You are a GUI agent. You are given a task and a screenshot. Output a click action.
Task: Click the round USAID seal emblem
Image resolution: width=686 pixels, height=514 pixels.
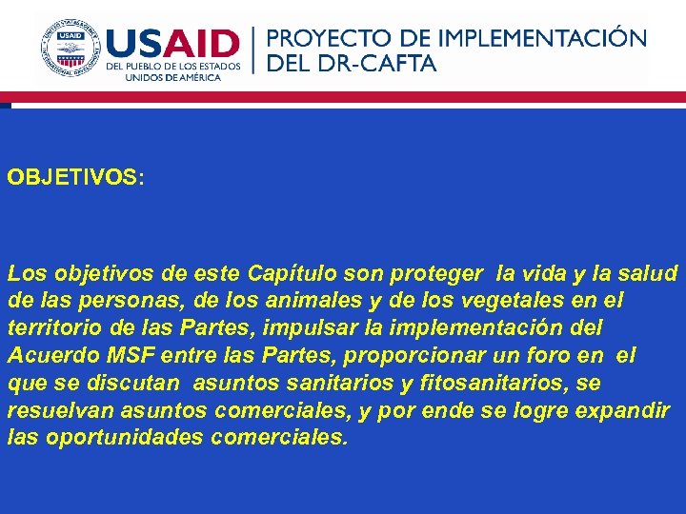point(70,49)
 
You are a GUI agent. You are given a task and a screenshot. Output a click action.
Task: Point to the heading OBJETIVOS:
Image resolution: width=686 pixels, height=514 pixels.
point(75,178)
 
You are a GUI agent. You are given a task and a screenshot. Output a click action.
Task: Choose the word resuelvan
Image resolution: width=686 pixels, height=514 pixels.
point(59,411)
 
